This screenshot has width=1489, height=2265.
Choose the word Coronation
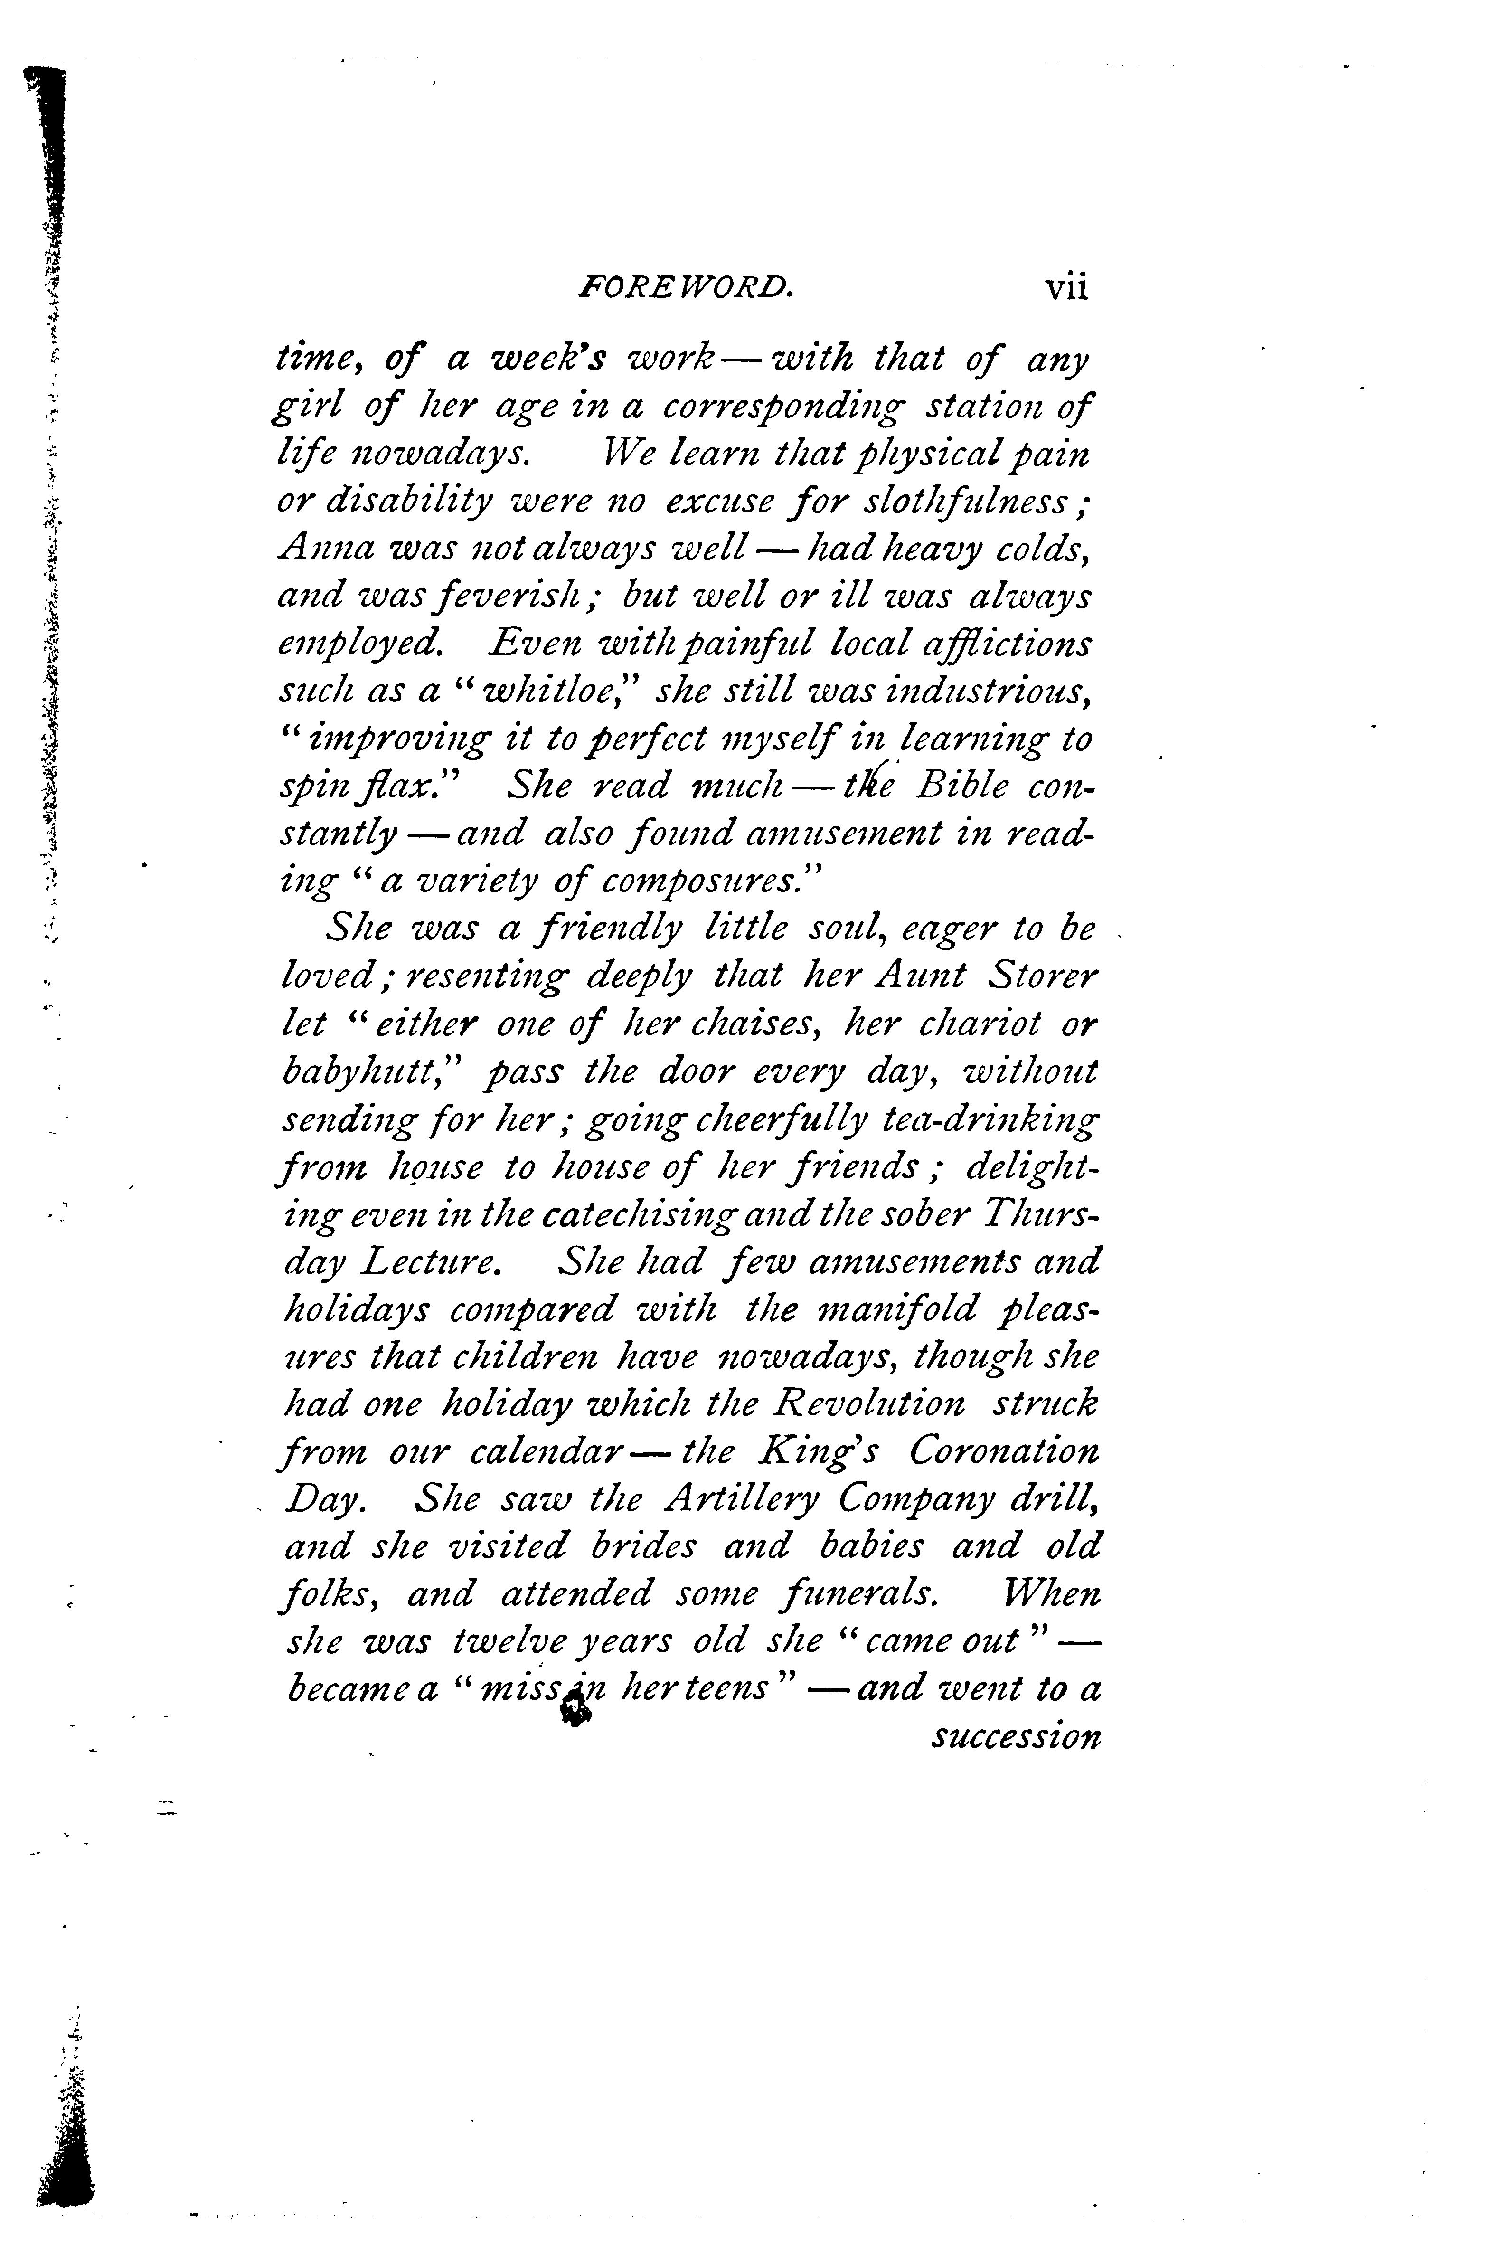coord(1004,1452)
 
